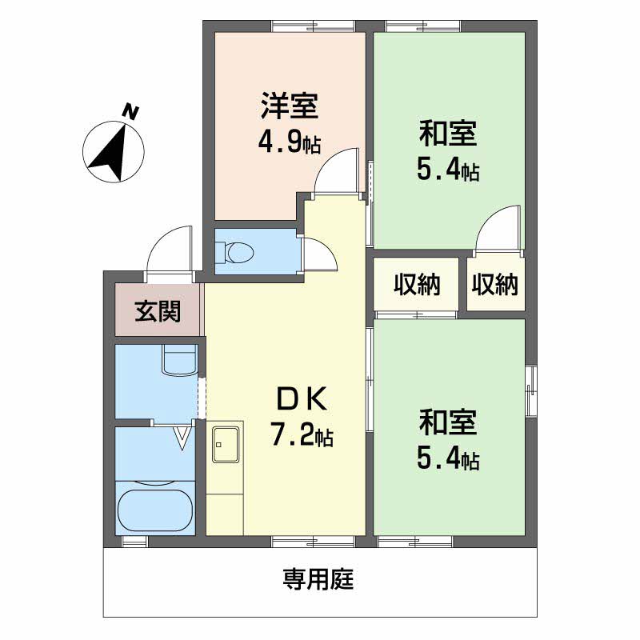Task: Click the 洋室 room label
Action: pyautogui.click(x=290, y=106)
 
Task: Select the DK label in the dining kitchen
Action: pyautogui.click(x=302, y=398)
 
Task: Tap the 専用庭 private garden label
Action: pyautogui.click(x=318, y=578)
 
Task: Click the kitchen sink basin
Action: pyautogui.click(x=226, y=445)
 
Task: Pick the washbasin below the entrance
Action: pyautogui.click(x=179, y=359)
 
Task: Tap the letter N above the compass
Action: pyautogui.click(x=131, y=112)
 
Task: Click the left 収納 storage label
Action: pyautogui.click(x=417, y=284)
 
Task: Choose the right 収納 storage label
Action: pyautogui.click(x=495, y=284)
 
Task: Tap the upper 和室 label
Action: pyautogui.click(x=448, y=134)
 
